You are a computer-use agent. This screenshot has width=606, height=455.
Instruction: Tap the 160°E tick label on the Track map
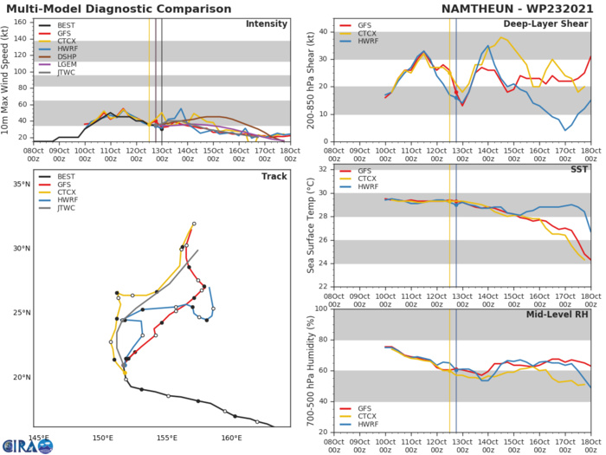(230, 437)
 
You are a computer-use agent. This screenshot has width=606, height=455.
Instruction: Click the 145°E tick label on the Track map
(40, 437)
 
